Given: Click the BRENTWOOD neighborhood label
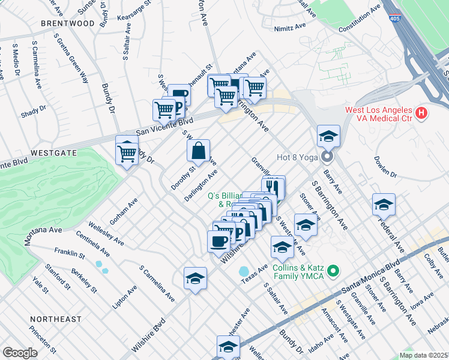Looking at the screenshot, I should (x=68, y=23).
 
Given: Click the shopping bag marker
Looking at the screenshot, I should (x=198, y=151).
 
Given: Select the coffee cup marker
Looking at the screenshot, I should (x=219, y=241).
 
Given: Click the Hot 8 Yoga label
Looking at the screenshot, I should (x=297, y=158).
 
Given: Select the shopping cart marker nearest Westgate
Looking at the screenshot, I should (x=127, y=153).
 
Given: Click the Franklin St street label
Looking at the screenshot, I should (x=69, y=253).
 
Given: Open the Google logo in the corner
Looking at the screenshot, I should (x=19, y=352).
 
